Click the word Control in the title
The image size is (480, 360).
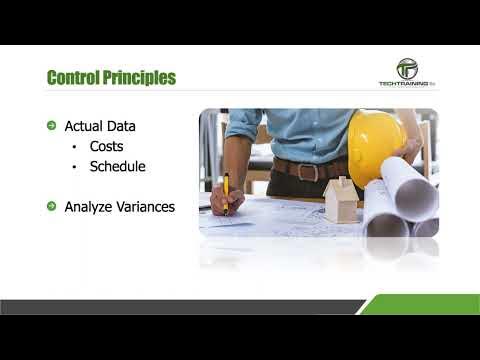[x=76, y=77]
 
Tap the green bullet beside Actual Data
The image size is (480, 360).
[x=52, y=126]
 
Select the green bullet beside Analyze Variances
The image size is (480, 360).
[x=52, y=207]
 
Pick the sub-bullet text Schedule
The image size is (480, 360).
[x=118, y=166]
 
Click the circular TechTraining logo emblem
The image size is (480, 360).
[x=407, y=69]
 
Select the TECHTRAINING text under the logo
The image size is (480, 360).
[x=403, y=85]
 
